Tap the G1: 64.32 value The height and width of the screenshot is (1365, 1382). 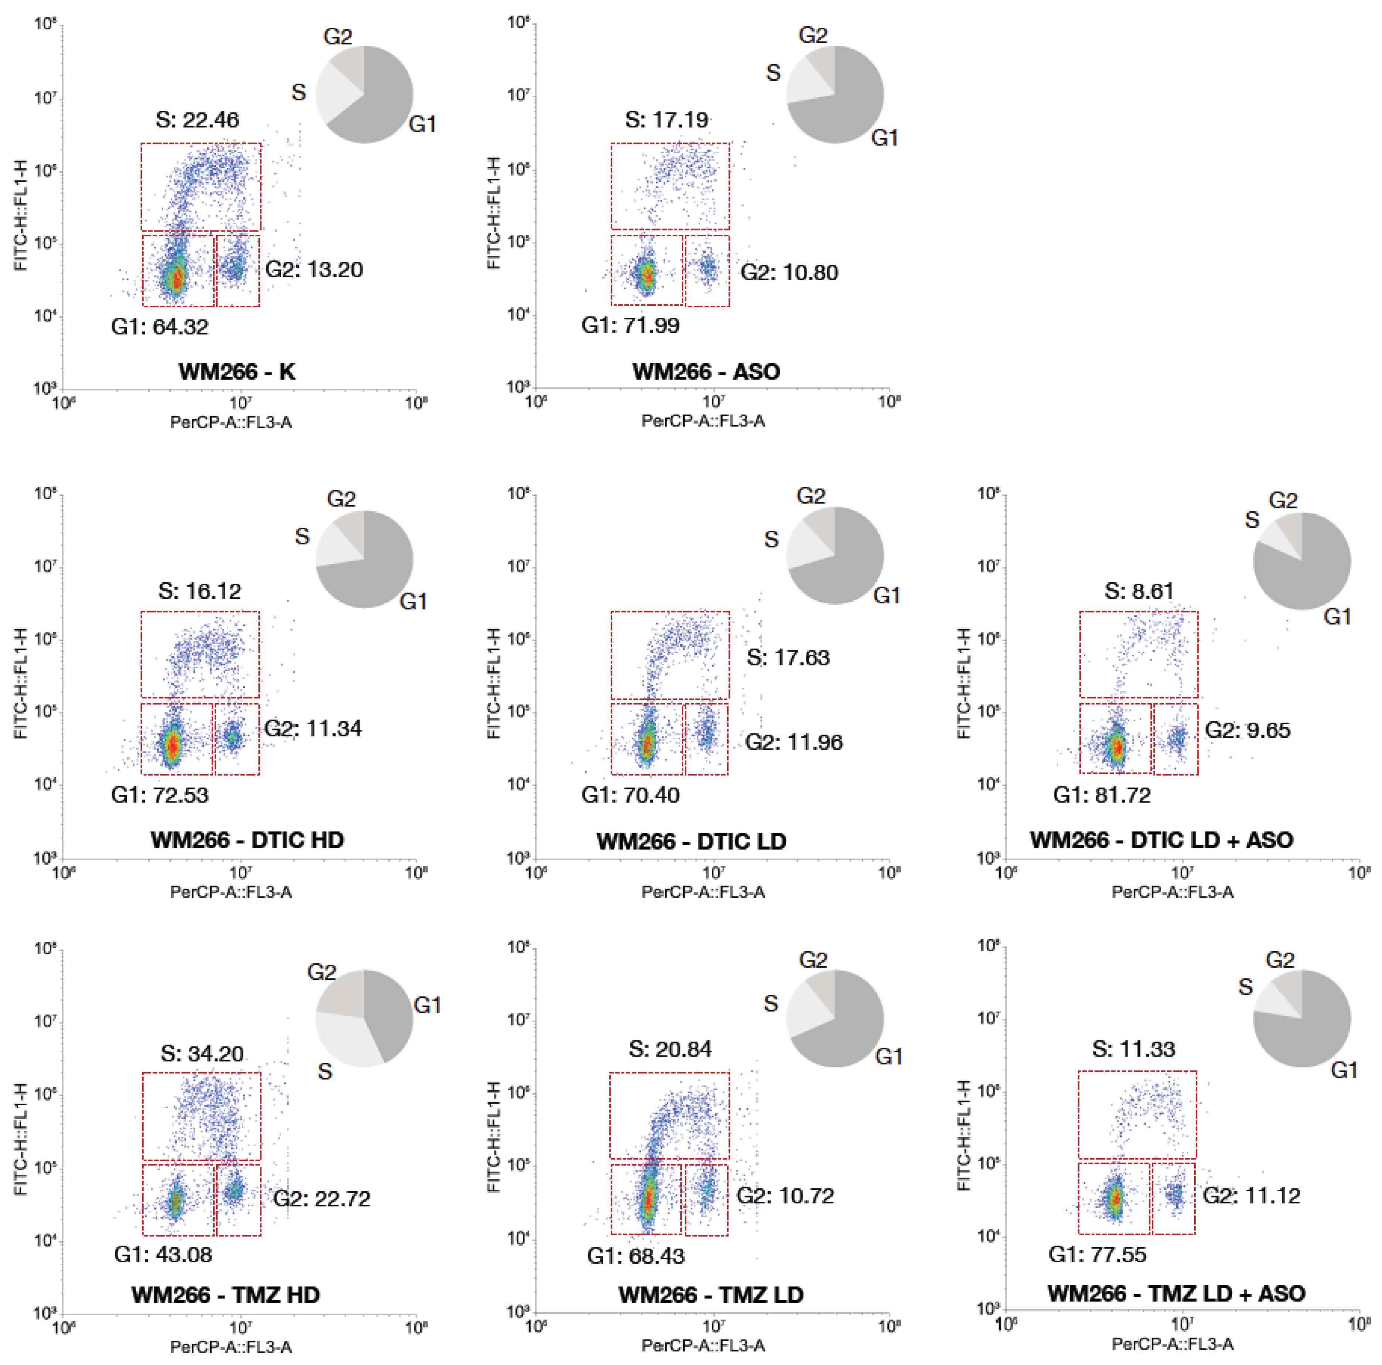pyautogui.click(x=160, y=327)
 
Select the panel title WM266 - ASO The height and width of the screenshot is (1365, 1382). pyautogui.click(x=706, y=372)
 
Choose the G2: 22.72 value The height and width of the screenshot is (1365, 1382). pyautogui.click(x=322, y=1199)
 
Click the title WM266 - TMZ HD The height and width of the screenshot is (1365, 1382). pyautogui.click(x=225, y=1295)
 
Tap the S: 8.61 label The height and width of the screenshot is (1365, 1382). pyautogui.click(x=1139, y=591)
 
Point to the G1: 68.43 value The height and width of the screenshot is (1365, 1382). pyautogui.click(x=635, y=1256)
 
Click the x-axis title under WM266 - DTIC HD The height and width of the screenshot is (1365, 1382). pyautogui.click(x=230, y=892)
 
